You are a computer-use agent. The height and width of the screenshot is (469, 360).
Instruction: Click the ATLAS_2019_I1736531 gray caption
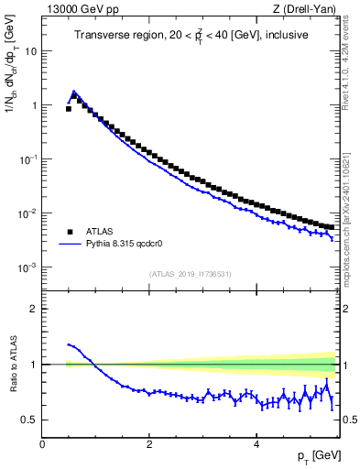click(191, 275)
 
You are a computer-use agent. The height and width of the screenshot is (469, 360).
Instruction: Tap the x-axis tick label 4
click(256, 443)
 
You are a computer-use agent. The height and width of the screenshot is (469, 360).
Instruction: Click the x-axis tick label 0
click(42, 443)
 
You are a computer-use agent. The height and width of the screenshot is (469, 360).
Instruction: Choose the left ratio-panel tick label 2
click(35, 309)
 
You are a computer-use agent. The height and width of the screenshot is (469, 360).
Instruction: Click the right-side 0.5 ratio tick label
click(348, 420)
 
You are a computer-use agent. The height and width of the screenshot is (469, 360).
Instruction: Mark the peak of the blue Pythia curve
click(74, 92)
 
